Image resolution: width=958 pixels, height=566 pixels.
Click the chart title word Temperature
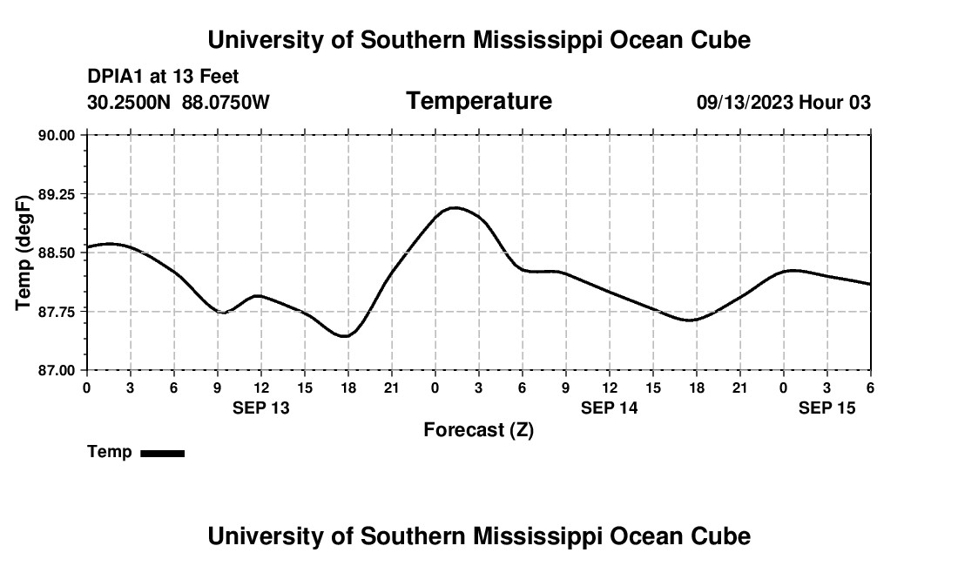[479, 101]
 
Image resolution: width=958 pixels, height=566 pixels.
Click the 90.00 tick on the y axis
[57, 135]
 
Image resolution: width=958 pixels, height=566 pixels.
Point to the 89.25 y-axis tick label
[57, 194]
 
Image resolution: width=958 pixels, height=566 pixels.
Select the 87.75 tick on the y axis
[57, 312]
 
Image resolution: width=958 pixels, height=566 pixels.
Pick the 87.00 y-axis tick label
[57, 370]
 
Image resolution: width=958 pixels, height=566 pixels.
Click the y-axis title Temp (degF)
[24, 253]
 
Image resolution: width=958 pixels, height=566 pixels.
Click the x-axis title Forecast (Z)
[478, 429]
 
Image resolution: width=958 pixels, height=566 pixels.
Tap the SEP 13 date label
[260, 408]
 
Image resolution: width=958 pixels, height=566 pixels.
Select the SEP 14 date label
[609, 408]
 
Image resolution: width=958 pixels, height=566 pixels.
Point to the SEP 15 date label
[826, 408]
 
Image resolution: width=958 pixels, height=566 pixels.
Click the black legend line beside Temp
[162, 453]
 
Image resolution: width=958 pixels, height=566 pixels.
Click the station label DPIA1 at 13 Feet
[163, 77]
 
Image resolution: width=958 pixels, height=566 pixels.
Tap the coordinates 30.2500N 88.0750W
[179, 102]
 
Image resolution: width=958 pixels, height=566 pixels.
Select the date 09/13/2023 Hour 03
[783, 102]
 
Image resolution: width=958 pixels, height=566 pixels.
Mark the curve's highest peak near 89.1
[454, 207]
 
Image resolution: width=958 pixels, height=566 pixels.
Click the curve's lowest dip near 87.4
[346, 336]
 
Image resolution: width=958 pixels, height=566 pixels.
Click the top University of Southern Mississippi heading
[479, 40]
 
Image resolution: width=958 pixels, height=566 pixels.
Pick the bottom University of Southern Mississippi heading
[479, 536]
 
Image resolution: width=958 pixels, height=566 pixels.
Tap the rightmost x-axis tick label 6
[870, 387]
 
